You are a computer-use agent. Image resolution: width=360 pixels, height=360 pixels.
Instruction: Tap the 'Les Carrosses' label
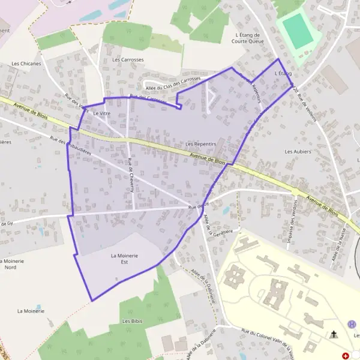click(x=128, y=60)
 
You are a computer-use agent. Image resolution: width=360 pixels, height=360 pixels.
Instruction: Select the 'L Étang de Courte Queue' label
click(x=248, y=38)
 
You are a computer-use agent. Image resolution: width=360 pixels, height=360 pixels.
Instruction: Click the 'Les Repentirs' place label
click(x=200, y=144)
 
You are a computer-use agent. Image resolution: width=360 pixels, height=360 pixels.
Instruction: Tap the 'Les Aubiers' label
click(x=298, y=152)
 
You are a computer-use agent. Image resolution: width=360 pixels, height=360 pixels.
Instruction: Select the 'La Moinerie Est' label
click(x=125, y=259)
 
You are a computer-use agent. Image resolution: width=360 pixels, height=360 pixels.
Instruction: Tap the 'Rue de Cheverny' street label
click(x=130, y=175)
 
